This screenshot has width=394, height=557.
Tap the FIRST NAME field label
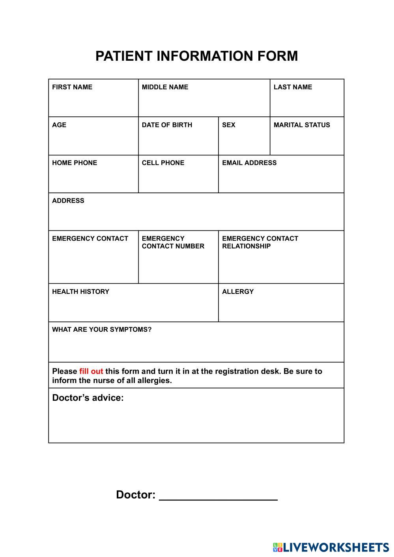(72, 87)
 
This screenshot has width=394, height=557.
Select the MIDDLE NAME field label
(165, 87)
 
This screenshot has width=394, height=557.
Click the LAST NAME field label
(293, 87)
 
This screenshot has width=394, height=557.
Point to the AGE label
(59, 125)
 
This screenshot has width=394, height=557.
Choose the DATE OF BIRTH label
(167, 125)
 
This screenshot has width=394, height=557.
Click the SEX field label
(228, 125)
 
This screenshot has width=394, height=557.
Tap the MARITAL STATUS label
(302, 125)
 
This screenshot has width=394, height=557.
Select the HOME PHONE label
(75, 163)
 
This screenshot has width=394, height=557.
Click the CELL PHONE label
(163, 163)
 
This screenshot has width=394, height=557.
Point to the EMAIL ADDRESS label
(249, 163)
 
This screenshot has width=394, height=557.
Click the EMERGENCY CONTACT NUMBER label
(173, 242)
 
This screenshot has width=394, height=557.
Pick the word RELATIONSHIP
(246, 246)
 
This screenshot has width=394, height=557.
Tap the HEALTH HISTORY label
(80, 292)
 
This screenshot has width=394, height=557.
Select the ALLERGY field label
(238, 292)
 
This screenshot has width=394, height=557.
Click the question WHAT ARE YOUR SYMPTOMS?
(102, 330)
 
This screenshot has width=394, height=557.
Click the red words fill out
(91, 372)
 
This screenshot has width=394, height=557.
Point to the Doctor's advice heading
(88, 398)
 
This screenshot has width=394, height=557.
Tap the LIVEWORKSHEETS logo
(331, 547)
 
